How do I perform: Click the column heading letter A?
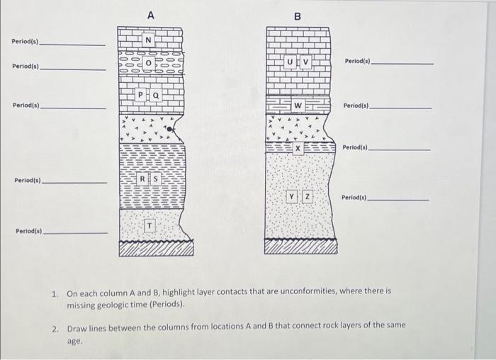click(x=150, y=15)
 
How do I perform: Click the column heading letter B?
click(x=298, y=16)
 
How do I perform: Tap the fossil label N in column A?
click(x=148, y=40)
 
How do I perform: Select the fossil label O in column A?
click(x=148, y=63)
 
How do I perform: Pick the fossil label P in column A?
click(x=141, y=94)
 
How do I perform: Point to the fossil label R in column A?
click(x=142, y=179)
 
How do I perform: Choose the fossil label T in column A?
click(x=149, y=225)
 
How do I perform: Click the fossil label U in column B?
click(x=291, y=62)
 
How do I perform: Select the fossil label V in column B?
click(x=305, y=62)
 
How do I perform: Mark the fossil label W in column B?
click(x=298, y=106)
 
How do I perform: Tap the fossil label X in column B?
click(x=298, y=148)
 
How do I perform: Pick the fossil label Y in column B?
click(x=291, y=196)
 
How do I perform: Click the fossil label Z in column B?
click(x=306, y=196)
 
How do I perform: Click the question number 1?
click(x=55, y=291)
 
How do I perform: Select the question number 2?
click(x=55, y=329)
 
